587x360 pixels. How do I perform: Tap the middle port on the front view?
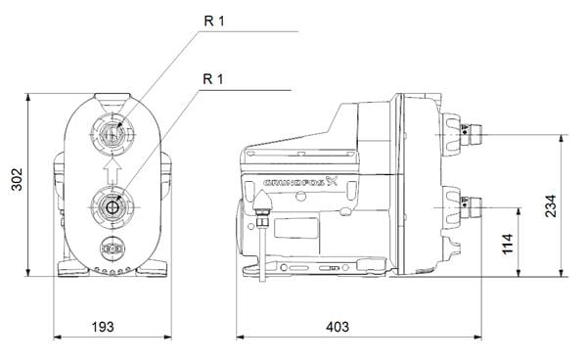113,206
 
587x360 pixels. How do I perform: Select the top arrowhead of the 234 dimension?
560,139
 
